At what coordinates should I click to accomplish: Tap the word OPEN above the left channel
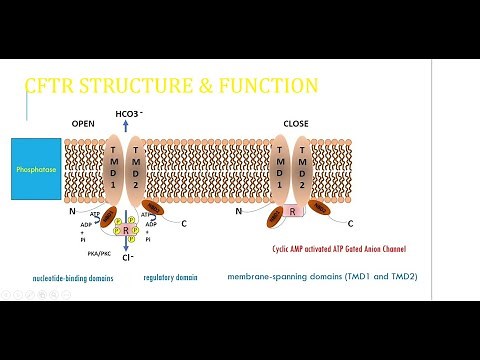[x=83, y=123]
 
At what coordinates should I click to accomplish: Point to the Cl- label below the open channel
[x=127, y=257]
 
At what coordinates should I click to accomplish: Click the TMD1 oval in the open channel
[x=113, y=167]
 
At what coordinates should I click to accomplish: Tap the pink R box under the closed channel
[x=290, y=213]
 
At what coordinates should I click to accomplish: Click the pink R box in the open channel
[x=126, y=230]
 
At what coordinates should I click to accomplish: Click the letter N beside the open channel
[x=71, y=212]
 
